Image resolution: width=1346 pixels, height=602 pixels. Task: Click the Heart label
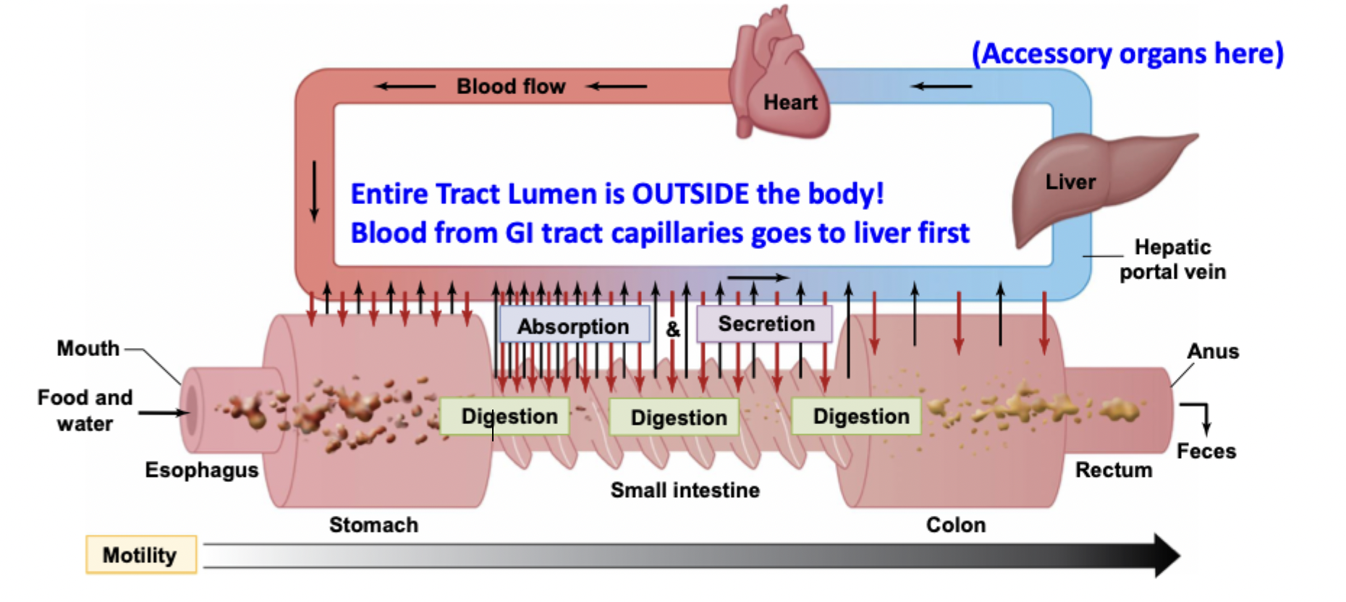pyautogui.click(x=790, y=103)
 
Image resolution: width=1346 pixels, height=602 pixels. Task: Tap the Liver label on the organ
pyautogui.click(x=1070, y=182)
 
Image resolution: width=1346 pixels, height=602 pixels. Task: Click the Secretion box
pyautogui.click(x=765, y=323)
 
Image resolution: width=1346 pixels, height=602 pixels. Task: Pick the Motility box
pyautogui.click(x=141, y=555)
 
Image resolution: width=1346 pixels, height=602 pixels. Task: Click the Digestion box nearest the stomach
pyautogui.click(x=504, y=416)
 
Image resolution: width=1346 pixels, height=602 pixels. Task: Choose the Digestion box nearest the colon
pyautogui.click(x=857, y=416)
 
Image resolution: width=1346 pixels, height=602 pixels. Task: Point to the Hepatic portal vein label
pyautogui.click(x=1172, y=259)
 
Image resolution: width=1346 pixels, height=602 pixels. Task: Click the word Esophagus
pyautogui.click(x=201, y=470)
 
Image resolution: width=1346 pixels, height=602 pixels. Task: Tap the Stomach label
pyautogui.click(x=373, y=525)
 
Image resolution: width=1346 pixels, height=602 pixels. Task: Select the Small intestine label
pyautogui.click(x=685, y=490)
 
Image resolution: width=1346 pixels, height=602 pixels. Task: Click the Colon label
pyautogui.click(x=955, y=525)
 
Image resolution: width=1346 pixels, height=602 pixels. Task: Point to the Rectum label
pyautogui.click(x=1113, y=470)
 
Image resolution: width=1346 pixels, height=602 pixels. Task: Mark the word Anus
pyautogui.click(x=1213, y=351)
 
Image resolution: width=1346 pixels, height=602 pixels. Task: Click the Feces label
pyautogui.click(x=1206, y=451)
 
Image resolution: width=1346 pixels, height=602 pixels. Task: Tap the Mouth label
pyautogui.click(x=88, y=348)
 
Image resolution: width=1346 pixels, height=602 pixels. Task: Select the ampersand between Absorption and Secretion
pyautogui.click(x=673, y=329)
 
